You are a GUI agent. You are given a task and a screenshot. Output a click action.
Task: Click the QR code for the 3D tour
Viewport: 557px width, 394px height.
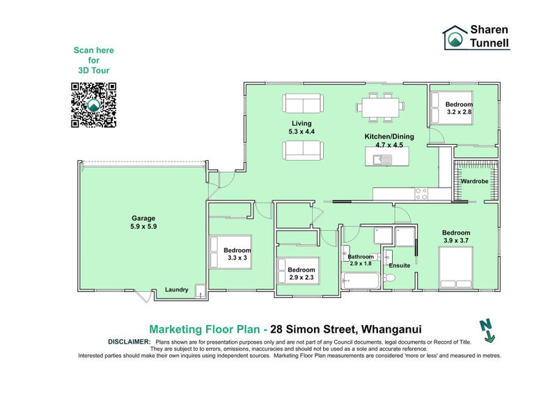pyautogui.click(x=93, y=105)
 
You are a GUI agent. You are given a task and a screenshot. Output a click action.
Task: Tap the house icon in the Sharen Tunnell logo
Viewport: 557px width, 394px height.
pyautogui.click(x=455, y=38)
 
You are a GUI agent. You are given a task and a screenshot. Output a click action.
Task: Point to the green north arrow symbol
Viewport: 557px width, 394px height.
pyautogui.click(x=487, y=330)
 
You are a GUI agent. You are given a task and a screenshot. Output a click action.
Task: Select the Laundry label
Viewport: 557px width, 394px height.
pyautogui.click(x=176, y=290)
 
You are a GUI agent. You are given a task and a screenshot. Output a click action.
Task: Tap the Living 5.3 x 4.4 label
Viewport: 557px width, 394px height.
pyautogui.click(x=302, y=127)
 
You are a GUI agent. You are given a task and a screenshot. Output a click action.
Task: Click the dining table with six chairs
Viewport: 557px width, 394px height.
pyautogui.click(x=380, y=107)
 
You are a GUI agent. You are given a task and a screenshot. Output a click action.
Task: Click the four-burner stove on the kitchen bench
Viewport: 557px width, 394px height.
pyautogui.click(x=421, y=191)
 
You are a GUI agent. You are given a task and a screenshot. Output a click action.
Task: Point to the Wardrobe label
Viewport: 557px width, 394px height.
pyautogui.click(x=474, y=181)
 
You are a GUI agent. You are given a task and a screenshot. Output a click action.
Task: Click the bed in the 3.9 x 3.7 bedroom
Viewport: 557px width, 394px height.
pyautogui.click(x=456, y=269)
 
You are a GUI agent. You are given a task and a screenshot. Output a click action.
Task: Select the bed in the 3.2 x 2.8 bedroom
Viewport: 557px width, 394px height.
pyautogui.click(x=459, y=108)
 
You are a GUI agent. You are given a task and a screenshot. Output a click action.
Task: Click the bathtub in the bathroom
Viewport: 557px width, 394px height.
pyautogui.click(x=360, y=281)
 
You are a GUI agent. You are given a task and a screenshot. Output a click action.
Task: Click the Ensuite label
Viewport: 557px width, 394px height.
pyautogui.click(x=400, y=265)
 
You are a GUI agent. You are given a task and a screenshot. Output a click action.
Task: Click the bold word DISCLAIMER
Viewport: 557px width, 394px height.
pyautogui.click(x=130, y=342)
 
